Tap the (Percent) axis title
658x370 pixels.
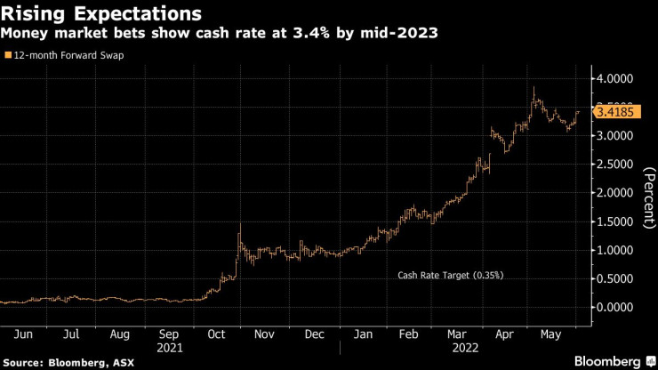coord(646,193)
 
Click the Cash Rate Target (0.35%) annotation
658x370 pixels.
coord(450,276)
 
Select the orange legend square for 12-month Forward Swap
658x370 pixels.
coord(9,55)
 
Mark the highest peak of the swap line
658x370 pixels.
coord(534,88)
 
